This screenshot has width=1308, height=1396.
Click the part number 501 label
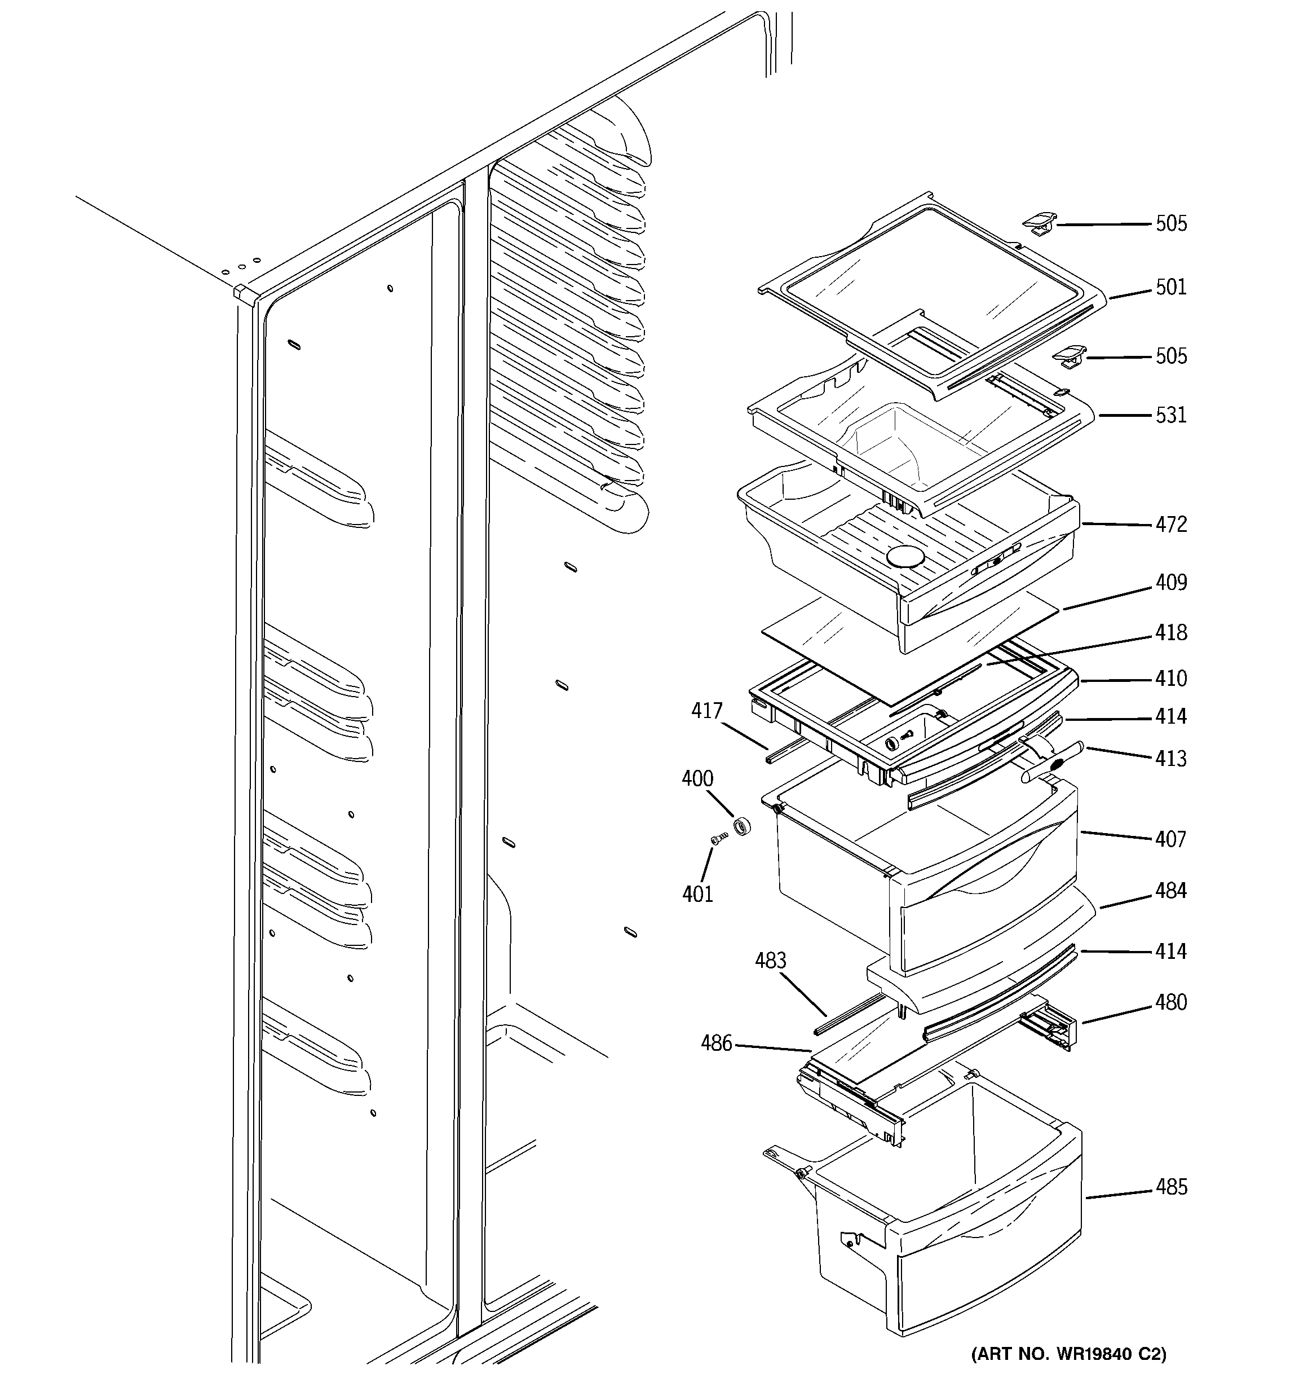[x=1170, y=287]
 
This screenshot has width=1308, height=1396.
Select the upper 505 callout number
[x=1171, y=224]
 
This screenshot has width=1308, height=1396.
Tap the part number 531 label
[x=1170, y=415]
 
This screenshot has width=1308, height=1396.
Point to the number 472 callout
[x=1170, y=525]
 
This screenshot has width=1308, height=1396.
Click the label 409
[x=1170, y=583]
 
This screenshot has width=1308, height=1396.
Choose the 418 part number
[x=1170, y=633]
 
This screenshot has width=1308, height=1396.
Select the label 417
[x=706, y=711]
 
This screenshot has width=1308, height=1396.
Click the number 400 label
[x=697, y=779]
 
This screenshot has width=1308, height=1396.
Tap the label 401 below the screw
[x=697, y=894]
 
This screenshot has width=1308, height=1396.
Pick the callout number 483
[x=770, y=961]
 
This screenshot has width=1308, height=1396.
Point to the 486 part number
[x=716, y=1043]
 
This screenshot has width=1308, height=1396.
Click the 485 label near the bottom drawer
[x=1170, y=1187]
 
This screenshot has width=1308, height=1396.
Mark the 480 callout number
[x=1170, y=1003]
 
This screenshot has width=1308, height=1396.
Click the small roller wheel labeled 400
[x=742, y=826]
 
